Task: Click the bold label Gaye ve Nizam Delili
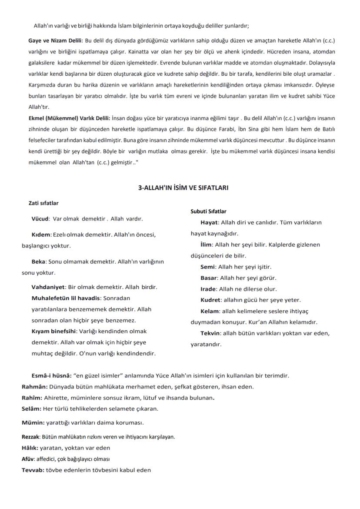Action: click(55, 40)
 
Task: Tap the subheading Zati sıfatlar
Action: click(43, 203)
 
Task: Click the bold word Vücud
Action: click(40, 218)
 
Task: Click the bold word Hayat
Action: click(209, 222)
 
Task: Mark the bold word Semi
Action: click(207, 267)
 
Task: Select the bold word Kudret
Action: click(210, 300)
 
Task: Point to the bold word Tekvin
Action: click(210, 333)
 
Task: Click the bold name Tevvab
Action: click(32, 470)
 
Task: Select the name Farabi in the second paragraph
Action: click(224, 129)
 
